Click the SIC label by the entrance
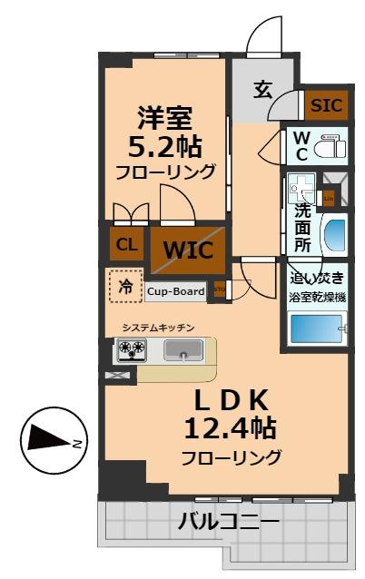(x=326, y=105)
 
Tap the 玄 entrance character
(x=262, y=90)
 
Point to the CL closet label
(x=125, y=243)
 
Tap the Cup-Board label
(x=176, y=291)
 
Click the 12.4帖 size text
(x=230, y=426)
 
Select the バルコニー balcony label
(x=229, y=523)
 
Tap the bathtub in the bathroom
(x=317, y=328)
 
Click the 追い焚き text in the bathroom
(x=317, y=279)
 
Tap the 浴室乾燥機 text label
(x=317, y=296)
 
